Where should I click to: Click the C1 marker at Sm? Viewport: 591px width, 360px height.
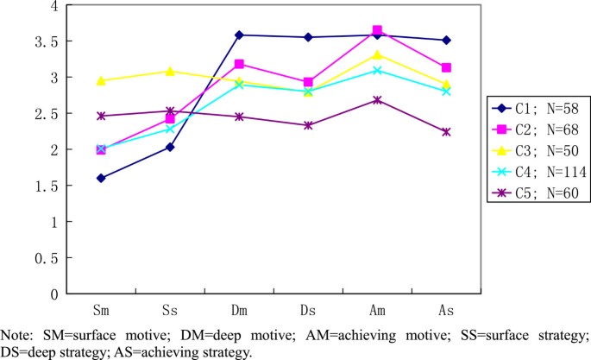(101, 178)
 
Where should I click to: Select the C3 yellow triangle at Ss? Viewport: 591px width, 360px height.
(170, 71)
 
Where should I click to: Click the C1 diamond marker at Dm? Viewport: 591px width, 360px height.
(239, 35)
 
